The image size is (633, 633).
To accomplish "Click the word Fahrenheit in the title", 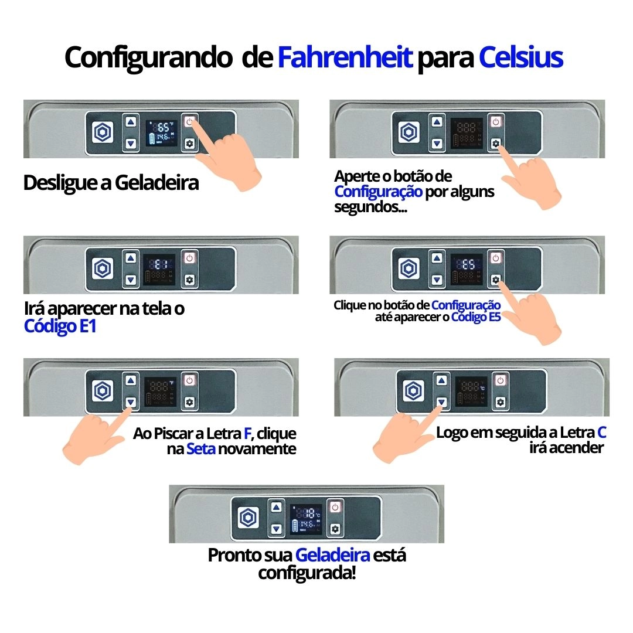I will coord(345,57).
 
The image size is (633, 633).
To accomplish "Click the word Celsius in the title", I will coord(520,57).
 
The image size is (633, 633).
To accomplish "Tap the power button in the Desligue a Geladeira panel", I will coord(189,122).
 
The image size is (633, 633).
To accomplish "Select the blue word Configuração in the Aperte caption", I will coord(378,192).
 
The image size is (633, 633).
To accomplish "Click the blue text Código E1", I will coord(60,326).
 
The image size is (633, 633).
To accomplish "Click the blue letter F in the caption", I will coord(247,434).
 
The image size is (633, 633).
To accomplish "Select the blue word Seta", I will coord(201,449).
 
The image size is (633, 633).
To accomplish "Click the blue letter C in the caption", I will coord(601,433).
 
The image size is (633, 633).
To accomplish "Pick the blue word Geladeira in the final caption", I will coord(332,555).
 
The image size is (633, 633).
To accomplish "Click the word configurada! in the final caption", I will coord(307,573).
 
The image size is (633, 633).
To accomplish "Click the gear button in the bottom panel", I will coord(335,529).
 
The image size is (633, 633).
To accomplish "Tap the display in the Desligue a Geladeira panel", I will coord(161,133).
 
